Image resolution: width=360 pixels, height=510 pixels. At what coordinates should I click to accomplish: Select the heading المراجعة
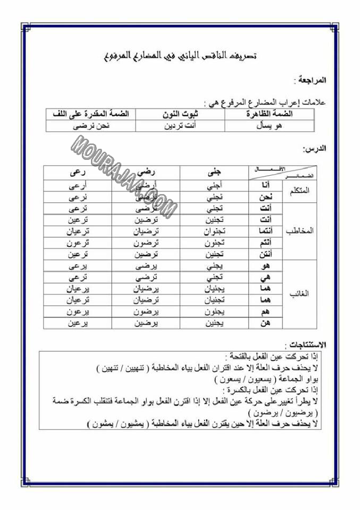pyautogui.click(x=310, y=80)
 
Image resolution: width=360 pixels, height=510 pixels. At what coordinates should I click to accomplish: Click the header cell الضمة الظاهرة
pyautogui.click(x=269, y=114)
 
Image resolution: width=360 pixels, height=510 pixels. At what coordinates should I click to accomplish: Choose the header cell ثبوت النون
pyautogui.click(x=180, y=114)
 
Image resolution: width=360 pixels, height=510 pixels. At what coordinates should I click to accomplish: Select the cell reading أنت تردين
pyautogui.click(x=180, y=126)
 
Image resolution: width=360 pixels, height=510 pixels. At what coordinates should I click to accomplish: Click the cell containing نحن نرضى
pyautogui.click(x=91, y=126)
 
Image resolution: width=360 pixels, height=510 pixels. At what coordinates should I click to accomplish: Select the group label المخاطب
pyautogui.click(x=300, y=231)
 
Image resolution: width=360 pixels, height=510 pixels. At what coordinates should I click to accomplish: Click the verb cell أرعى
pyautogui.click(x=77, y=185)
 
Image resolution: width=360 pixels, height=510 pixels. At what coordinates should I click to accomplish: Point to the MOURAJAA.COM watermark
pyautogui.click(x=125, y=175)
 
